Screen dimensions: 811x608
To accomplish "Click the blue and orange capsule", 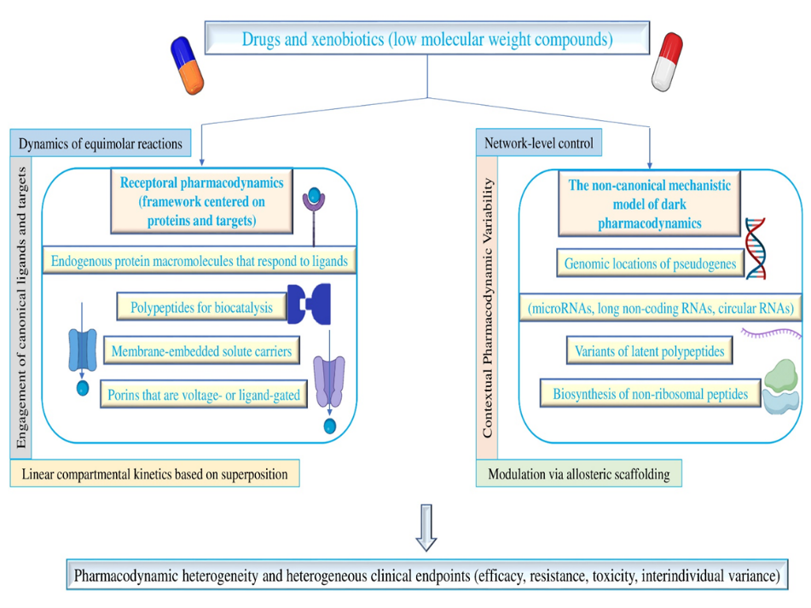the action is pos(187,65).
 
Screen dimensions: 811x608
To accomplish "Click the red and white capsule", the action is pos(667,61).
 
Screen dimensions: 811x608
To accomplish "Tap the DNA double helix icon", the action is pos(756,249).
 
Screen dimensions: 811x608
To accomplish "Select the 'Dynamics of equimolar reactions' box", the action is pos(101,143).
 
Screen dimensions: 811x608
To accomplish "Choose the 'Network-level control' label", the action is pos(539,142).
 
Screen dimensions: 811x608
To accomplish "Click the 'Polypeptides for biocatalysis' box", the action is pos(201,307).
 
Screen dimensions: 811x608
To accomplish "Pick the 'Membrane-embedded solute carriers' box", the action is pos(202,351).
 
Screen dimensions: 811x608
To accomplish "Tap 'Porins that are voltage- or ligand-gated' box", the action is pos(204,395).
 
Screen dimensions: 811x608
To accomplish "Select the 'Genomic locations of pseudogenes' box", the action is pos(650,263).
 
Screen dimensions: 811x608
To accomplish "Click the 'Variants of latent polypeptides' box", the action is pos(650,350).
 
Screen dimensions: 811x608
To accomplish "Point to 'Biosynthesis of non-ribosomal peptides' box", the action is pos(651,393).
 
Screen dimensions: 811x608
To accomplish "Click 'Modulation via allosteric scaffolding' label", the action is pos(579,473).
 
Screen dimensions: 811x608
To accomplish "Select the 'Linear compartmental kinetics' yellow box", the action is pos(154,473).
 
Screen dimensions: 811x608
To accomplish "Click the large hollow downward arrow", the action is pos(426,528).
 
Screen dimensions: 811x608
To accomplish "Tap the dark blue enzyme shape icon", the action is pos(310,304).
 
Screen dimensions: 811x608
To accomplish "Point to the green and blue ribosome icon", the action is pos(781,386).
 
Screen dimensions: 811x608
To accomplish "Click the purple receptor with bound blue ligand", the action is pos(314,216).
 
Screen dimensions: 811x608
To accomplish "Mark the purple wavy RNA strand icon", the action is pos(771,333).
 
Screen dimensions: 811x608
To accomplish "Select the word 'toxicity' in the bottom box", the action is pos(614,576).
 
